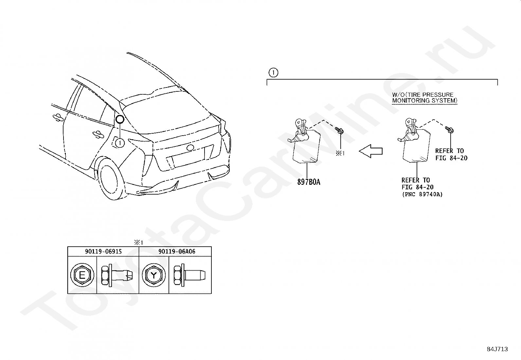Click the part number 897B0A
309,182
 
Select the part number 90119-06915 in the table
103,252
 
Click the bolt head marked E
82,275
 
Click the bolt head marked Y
153,275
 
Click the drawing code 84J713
497,349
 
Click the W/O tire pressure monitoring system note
424,98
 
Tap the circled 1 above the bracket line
273,72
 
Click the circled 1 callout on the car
120,143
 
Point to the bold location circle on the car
119,119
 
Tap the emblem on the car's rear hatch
190,148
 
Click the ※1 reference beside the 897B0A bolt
340,153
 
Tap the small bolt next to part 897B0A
340,131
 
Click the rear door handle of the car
97,133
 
